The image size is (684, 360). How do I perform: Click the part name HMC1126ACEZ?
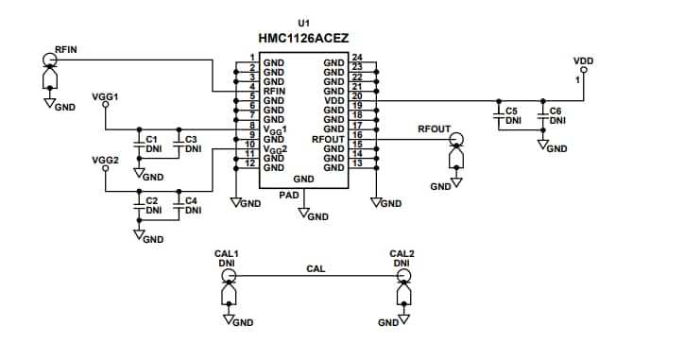(303, 40)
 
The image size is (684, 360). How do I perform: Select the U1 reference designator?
(303, 22)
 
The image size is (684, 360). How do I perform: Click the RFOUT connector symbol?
(457, 140)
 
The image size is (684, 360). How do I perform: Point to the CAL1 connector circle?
(228, 276)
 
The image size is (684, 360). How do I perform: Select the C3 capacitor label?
(190, 140)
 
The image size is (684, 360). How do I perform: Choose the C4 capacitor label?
(191, 200)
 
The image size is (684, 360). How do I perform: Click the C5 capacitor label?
(511, 111)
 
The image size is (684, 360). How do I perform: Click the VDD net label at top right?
(583, 60)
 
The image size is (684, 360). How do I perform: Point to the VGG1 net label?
(105, 97)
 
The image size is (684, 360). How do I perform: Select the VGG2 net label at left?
(105, 160)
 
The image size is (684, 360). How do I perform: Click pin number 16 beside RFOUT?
(356, 135)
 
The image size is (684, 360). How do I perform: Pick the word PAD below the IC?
(289, 195)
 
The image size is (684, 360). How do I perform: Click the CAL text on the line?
(316, 269)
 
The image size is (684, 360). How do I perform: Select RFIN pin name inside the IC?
(274, 91)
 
